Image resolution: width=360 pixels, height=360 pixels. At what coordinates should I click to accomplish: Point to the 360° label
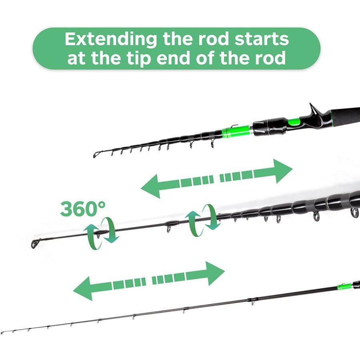[x=83, y=208]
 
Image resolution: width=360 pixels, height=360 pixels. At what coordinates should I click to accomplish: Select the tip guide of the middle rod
[x=35, y=244]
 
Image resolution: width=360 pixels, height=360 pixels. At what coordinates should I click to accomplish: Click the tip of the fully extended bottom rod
[x=2, y=333]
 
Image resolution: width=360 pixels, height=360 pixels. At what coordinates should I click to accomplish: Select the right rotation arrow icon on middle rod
[x=202, y=220]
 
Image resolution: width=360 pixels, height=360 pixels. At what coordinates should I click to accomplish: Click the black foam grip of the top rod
[x=344, y=117]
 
